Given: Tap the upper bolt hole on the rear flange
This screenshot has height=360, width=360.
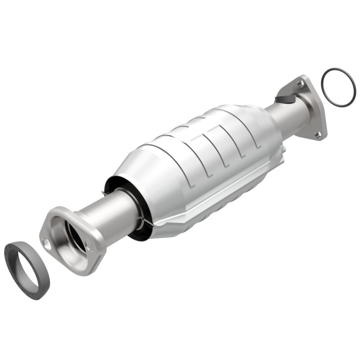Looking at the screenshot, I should tap(300, 84).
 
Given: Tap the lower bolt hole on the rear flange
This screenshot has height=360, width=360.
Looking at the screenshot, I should tap(318, 134).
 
